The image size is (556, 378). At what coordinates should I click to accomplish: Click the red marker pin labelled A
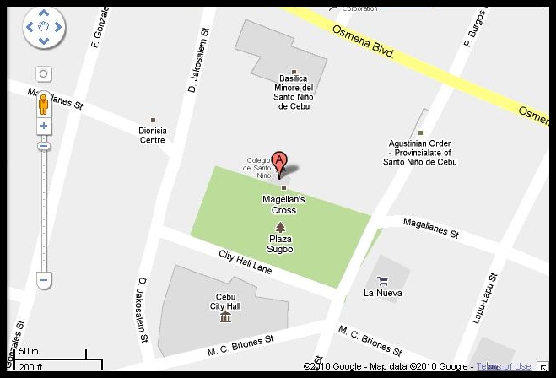[x=279, y=163]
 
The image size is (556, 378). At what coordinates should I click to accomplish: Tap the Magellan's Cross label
[x=283, y=204]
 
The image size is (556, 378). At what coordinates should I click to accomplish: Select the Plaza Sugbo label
[x=280, y=244]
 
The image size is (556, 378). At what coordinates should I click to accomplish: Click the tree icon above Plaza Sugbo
[x=281, y=226]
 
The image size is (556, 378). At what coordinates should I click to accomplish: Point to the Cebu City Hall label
[x=226, y=301]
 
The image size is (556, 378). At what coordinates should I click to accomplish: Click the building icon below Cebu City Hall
[x=225, y=317]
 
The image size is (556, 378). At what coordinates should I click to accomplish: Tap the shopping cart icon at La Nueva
[x=382, y=280]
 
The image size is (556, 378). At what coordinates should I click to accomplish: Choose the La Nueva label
[x=382, y=294]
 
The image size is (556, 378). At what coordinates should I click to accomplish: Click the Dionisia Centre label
[x=153, y=135]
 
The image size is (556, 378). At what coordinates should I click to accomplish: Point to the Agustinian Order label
[x=420, y=152]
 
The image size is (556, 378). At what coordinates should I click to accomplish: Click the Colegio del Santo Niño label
[x=256, y=168]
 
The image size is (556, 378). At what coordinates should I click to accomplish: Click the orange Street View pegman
[x=44, y=105]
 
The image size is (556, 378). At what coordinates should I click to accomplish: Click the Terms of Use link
[x=504, y=366]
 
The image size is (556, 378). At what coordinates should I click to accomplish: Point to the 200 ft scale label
[x=31, y=366]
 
